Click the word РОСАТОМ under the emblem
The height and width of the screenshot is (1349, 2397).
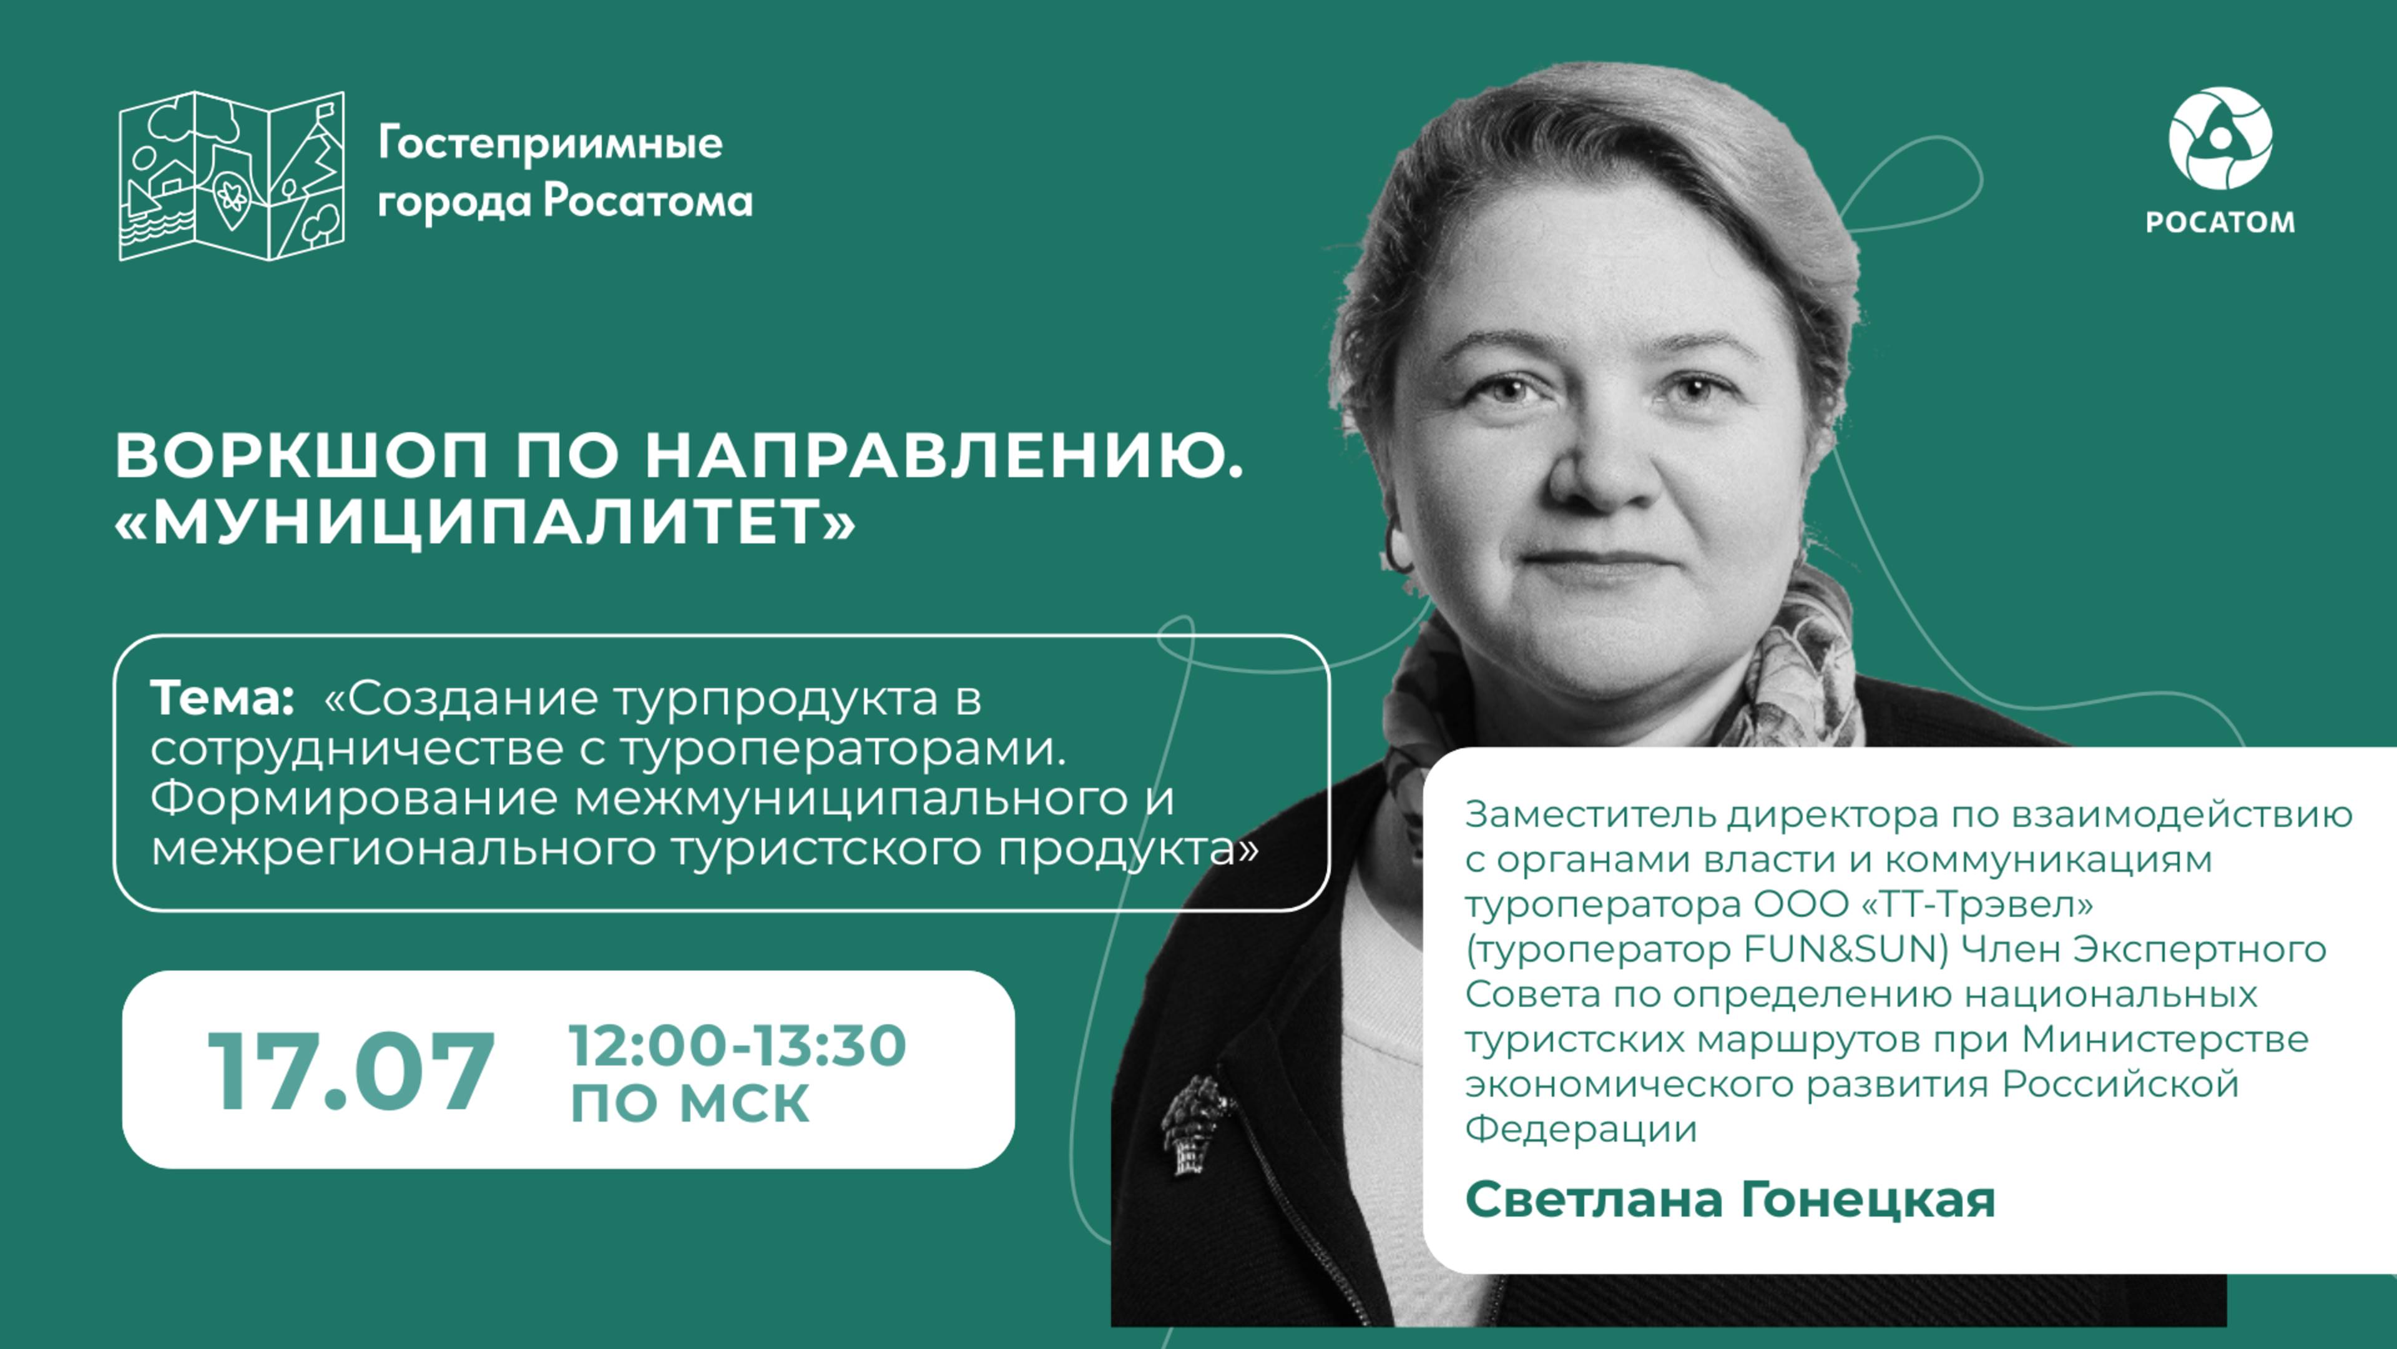[x=2220, y=222]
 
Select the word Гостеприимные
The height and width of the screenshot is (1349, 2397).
[x=550, y=144]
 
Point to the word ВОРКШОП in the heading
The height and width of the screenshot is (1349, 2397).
[x=301, y=456]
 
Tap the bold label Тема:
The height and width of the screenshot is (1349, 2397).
[x=222, y=698]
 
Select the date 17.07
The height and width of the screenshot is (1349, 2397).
[x=351, y=1072]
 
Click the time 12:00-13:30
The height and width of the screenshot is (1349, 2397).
[x=737, y=1045]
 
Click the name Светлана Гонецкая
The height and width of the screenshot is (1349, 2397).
[x=1730, y=1199]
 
